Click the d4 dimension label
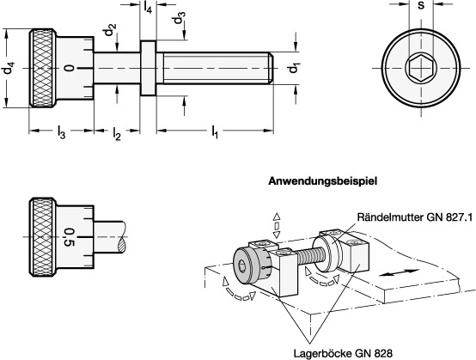pyautogui.click(x=9, y=68)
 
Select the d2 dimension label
pyautogui.click(x=110, y=29)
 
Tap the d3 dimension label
pyautogui.click(x=179, y=18)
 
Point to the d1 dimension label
pyautogui.click(x=294, y=68)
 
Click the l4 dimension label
pyautogui.click(x=148, y=7)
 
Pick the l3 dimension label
pyautogui.click(x=61, y=132)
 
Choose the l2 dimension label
pyautogui.click(x=117, y=133)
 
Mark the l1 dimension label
pyautogui.click(x=215, y=132)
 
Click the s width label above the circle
pyautogui.click(x=421, y=5)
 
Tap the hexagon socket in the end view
pyautogui.click(x=421, y=68)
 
